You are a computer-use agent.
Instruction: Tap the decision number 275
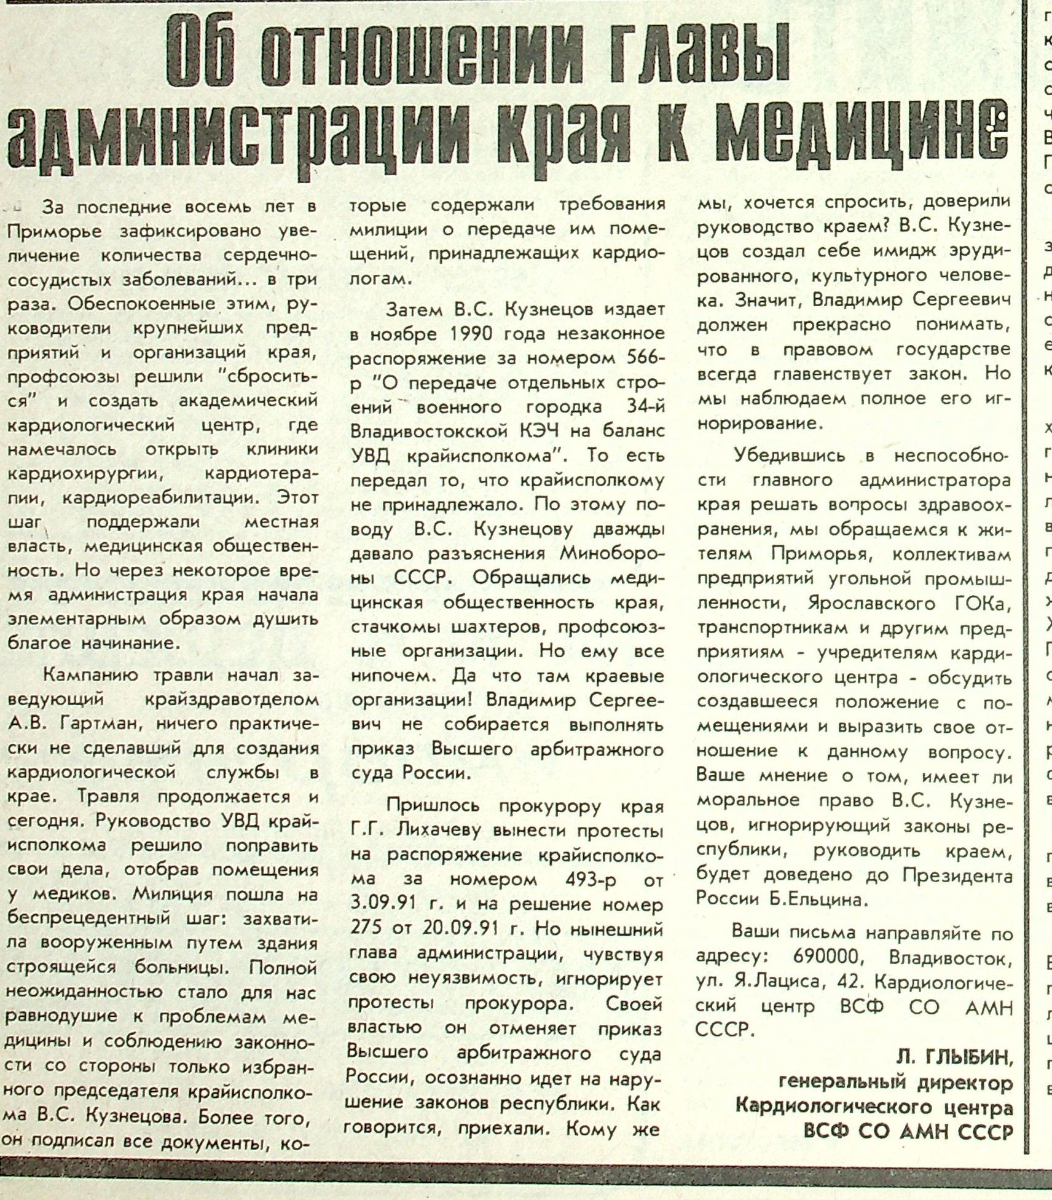366,929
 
